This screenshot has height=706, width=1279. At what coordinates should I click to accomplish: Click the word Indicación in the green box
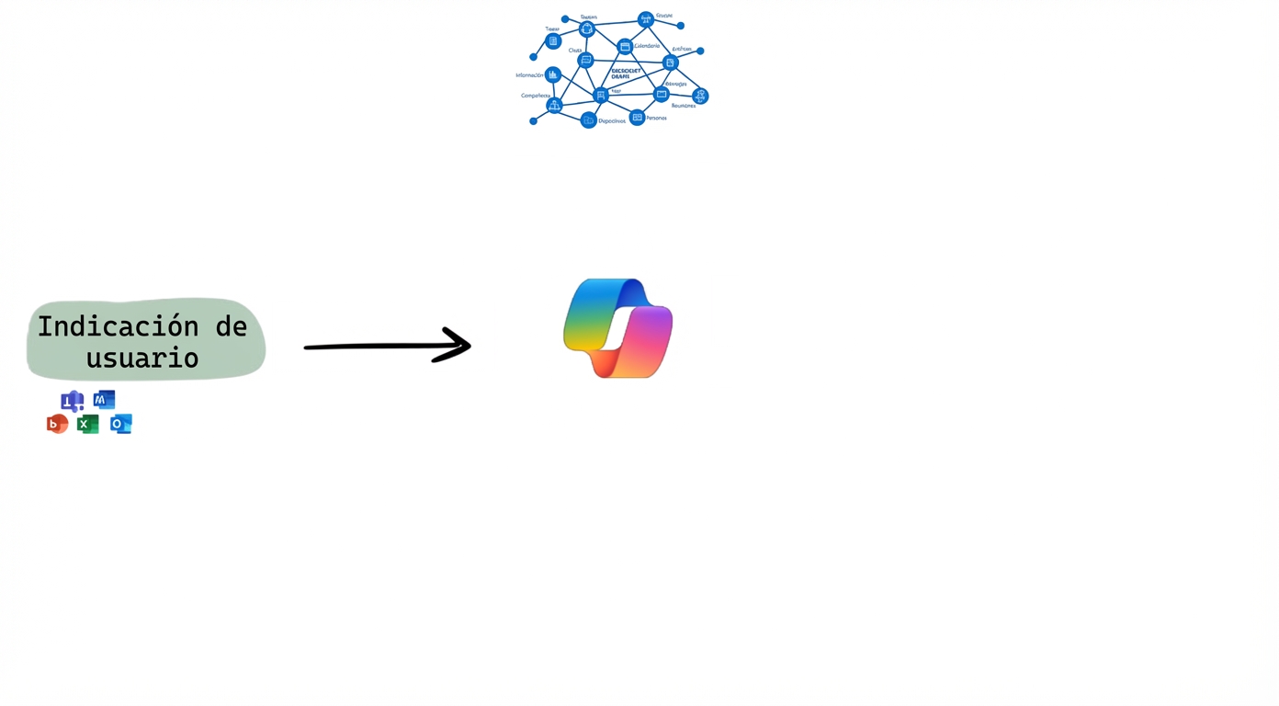click(x=118, y=326)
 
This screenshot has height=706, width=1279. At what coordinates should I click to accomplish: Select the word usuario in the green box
click(x=142, y=358)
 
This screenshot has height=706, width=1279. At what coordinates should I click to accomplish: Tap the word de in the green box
click(x=231, y=326)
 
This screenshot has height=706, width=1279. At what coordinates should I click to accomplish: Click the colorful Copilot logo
click(x=617, y=328)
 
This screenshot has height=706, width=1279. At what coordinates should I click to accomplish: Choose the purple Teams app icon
click(x=72, y=401)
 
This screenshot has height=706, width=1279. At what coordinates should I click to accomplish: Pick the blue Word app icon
click(x=104, y=400)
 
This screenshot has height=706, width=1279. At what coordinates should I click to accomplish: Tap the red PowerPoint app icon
click(x=57, y=424)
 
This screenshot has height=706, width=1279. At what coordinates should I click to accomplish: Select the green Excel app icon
click(x=88, y=424)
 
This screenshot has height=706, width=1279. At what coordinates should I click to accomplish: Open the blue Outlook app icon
click(x=120, y=424)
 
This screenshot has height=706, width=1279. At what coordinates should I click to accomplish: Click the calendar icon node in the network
click(x=625, y=47)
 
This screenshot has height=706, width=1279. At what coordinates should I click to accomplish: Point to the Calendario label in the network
click(x=647, y=46)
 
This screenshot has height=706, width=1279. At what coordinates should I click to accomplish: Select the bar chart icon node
click(x=552, y=74)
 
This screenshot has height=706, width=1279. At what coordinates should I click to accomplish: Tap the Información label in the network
click(x=529, y=75)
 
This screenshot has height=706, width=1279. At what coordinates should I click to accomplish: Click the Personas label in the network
click(x=656, y=119)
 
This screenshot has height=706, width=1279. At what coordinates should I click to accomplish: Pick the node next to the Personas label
click(x=637, y=118)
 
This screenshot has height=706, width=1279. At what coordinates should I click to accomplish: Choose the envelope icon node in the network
click(x=661, y=94)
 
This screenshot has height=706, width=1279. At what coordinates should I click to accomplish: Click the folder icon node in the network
click(x=589, y=120)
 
